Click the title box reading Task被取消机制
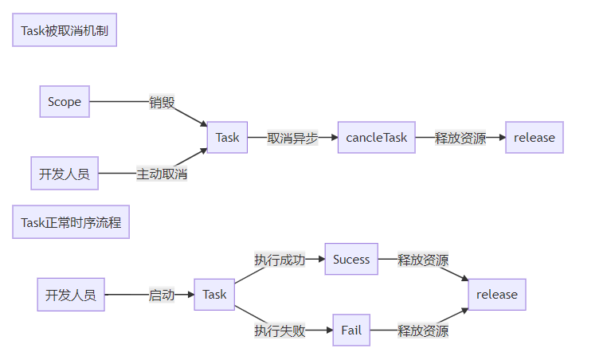pyautogui.click(x=65, y=30)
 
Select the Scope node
pyautogui.click(x=65, y=102)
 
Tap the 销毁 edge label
pyautogui.click(x=162, y=102)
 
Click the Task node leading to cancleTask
pyautogui.click(x=227, y=137)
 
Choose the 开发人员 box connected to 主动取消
pyautogui.click(x=65, y=173)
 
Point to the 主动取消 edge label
pyautogui.click(x=162, y=173)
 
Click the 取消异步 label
pyautogui.click(x=292, y=137)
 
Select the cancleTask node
pyautogui.click(x=376, y=137)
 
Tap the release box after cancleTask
pyautogui.click(x=535, y=137)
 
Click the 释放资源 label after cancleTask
pyautogui.click(x=460, y=137)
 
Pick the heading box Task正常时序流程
pyautogui.click(x=71, y=222)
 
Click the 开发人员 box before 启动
pyautogui.click(x=71, y=295)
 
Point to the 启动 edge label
pyautogui.click(x=162, y=295)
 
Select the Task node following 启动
pyautogui.click(x=214, y=295)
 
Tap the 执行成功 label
pyautogui.click(x=280, y=260)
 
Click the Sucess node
pyautogui.click(x=351, y=260)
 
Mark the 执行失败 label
pyautogui.click(x=280, y=331)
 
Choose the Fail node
pyautogui.click(x=351, y=331)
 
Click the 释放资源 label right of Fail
pyautogui.click(x=423, y=331)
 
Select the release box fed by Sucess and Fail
pyautogui.click(x=497, y=295)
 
